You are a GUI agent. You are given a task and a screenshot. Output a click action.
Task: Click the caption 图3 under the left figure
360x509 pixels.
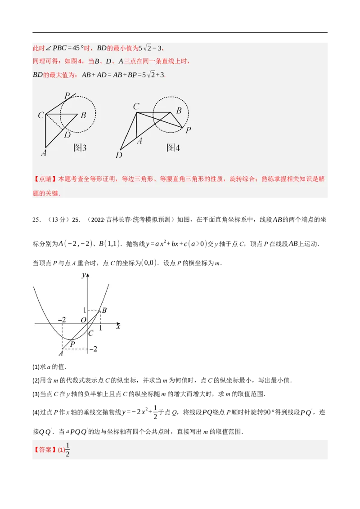point(80,147)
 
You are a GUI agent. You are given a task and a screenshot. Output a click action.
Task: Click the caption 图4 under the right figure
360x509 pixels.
point(173,147)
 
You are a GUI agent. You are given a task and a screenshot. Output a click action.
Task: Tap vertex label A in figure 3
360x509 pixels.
point(44,152)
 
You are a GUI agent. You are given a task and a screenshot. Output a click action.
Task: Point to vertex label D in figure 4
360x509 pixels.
point(119,155)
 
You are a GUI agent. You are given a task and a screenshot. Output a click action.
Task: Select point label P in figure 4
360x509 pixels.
point(188,130)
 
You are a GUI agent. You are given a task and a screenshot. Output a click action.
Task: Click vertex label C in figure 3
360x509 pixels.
point(41,115)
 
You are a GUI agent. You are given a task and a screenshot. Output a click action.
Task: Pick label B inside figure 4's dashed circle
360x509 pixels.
point(179,110)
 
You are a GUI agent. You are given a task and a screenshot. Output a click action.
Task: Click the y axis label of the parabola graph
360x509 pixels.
point(84,275)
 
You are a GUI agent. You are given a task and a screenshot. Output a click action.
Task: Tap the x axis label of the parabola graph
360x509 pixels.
point(118,327)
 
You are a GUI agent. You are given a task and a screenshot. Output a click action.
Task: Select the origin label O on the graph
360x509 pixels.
point(84,320)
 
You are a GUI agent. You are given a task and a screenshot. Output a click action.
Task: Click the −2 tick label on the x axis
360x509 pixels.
point(62,320)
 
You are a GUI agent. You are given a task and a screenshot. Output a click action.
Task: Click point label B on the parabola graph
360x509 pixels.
point(104,310)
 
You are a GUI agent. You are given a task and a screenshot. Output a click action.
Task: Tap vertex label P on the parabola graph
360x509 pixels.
point(72,344)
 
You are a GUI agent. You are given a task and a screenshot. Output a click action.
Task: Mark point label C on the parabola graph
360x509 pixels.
point(90,333)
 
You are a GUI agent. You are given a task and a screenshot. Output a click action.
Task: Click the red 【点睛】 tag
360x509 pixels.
point(45,179)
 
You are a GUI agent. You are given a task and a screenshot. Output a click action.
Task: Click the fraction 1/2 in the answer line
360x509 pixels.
point(67,450)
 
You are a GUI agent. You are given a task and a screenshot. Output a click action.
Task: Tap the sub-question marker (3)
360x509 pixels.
point(36,394)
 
